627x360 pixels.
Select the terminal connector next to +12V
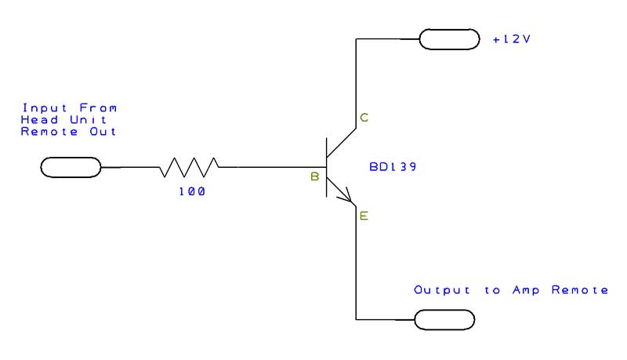(449, 38)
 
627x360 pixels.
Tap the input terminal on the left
(71, 167)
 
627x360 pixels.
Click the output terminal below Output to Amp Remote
(444, 319)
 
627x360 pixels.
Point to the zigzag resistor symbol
(189, 167)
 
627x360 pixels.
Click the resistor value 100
(192, 191)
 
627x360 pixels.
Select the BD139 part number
(393, 168)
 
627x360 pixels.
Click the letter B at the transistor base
(314, 178)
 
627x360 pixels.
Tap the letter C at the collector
(364, 118)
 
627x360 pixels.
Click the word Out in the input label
(105, 131)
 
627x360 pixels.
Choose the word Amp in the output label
(527, 290)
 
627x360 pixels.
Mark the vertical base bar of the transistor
(327, 167)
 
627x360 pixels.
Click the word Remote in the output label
(582, 290)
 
